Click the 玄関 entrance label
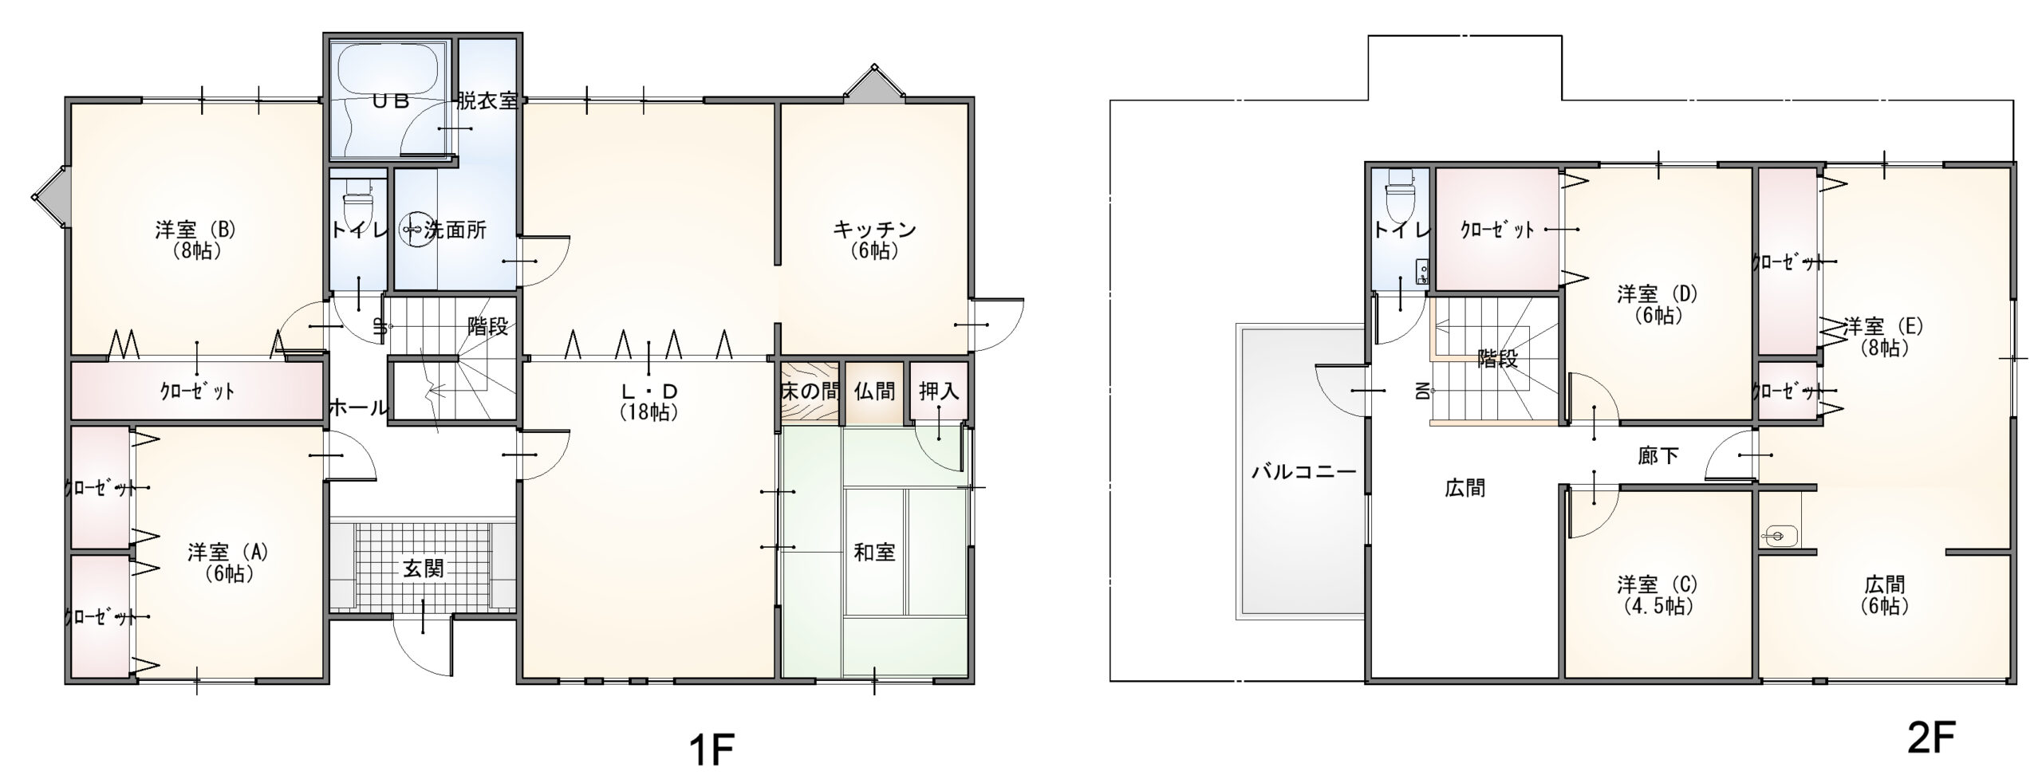[x=423, y=569]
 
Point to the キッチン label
[x=874, y=230]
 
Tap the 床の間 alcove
[x=809, y=391]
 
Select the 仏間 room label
[x=874, y=391]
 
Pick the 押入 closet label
[x=939, y=391]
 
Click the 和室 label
[x=874, y=552]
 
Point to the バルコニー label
[x=1303, y=471]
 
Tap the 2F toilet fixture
[x=1400, y=195]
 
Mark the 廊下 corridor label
[x=1658, y=456]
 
